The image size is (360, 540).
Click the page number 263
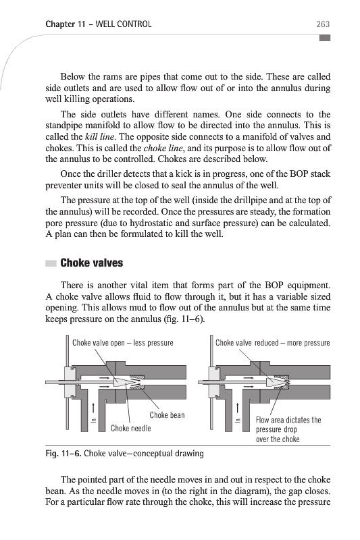323,24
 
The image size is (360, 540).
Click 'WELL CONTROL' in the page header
124,24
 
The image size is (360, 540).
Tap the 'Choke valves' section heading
92,263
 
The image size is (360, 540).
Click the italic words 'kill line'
99,137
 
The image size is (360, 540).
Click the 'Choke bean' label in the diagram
167,415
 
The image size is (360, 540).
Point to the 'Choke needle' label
130,428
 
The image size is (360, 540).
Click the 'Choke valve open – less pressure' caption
123,343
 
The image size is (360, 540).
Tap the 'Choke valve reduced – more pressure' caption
272,343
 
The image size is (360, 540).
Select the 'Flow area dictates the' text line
288,420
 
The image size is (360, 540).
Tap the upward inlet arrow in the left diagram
93,409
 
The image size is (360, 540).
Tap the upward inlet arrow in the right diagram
237,409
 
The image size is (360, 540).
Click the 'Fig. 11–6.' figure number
63,453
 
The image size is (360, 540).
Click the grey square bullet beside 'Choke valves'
51,263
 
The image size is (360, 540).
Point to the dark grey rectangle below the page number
324,38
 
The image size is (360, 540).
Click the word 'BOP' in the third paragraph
299,173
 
